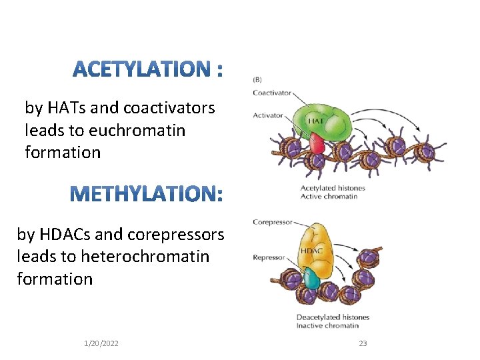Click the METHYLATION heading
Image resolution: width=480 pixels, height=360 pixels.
coord(146,194)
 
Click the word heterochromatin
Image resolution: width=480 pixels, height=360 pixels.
coord(144,257)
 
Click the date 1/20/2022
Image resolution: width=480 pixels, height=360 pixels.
coord(101,343)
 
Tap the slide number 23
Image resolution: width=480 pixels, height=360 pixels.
coord(363,343)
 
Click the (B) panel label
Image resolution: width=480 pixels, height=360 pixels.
coord(257,80)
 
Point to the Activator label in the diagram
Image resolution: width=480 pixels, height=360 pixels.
coord(267,115)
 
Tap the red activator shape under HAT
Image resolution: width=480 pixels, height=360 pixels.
coord(315,143)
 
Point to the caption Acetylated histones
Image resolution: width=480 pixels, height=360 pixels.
coord(333,189)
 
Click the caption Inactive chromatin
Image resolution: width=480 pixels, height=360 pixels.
coord(327,325)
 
